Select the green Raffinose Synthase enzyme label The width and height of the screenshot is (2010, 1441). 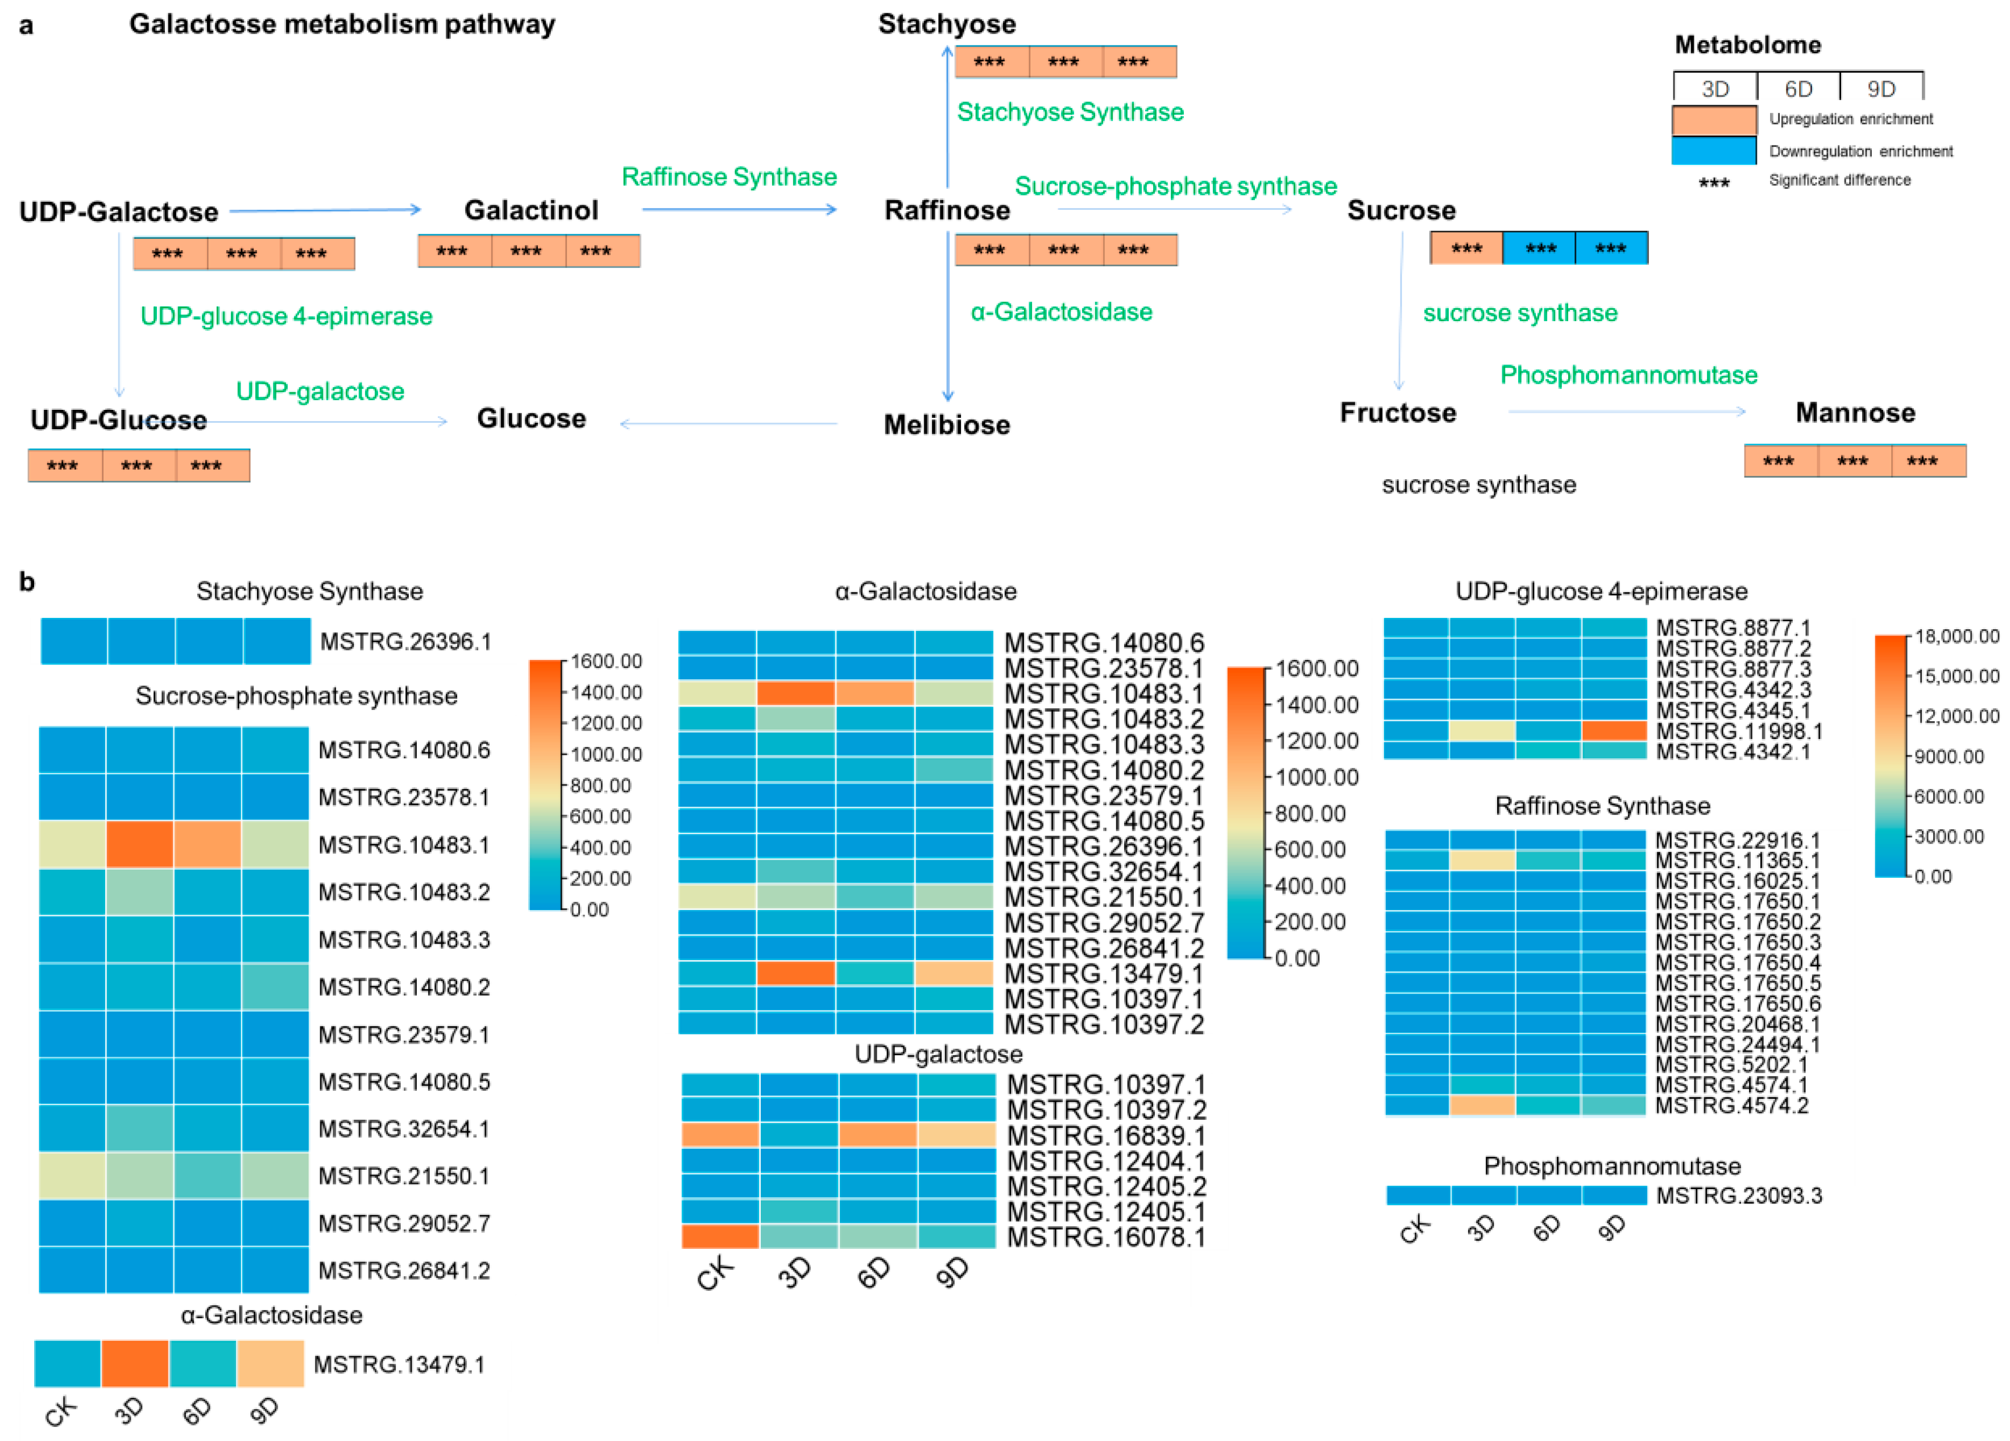(x=728, y=176)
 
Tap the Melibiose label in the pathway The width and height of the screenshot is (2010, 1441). (x=947, y=425)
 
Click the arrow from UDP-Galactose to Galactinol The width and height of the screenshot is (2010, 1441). (x=325, y=210)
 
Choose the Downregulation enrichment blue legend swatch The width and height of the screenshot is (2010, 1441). (x=1714, y=151)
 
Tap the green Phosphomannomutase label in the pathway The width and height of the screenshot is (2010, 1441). (x=1628, y=375)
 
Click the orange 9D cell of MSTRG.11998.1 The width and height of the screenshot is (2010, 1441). (x=1614, y=731)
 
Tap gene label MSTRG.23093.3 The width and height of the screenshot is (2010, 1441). (x=1739, y=1195)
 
